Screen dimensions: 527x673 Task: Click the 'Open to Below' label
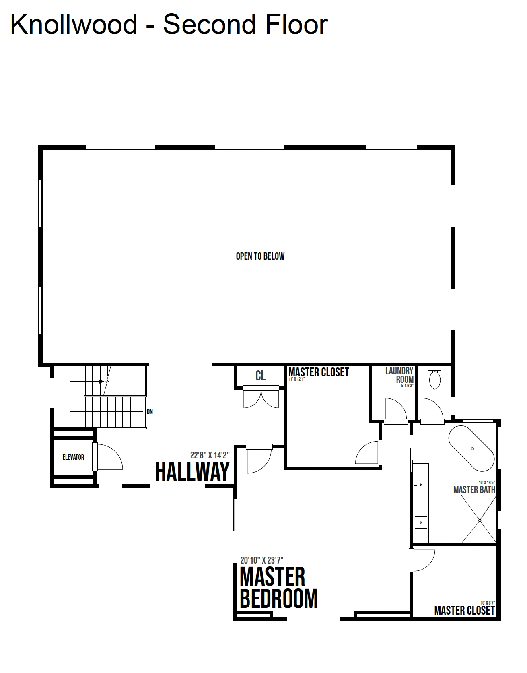(260, 256)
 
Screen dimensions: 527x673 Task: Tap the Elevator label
(73, 457)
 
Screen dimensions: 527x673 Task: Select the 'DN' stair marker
(150, 412)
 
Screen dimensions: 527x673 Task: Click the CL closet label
(261, 376)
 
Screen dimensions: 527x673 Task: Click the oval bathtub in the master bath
(471, 448)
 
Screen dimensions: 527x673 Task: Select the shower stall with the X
(479, 519)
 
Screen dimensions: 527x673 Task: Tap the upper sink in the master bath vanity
(420, 485)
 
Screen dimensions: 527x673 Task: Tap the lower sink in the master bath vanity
(420, 522)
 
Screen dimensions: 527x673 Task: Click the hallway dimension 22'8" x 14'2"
(210, 455)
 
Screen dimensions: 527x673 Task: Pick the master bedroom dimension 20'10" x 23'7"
(261, 560)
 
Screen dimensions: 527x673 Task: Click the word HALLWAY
(192, 471)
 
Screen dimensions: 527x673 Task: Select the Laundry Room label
(399, 375)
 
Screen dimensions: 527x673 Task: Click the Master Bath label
(474, 490)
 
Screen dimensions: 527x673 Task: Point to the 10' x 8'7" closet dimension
(488, 603)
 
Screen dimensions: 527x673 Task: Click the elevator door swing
(108, 457)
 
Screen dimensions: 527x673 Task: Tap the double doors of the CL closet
(261, 397)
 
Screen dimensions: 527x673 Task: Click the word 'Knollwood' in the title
(74, 25)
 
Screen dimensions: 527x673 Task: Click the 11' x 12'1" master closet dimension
(297, 379)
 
